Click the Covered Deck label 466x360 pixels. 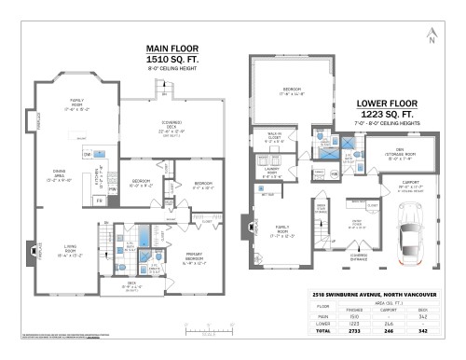click(176, 131)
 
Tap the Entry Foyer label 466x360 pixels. click(357, 224)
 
